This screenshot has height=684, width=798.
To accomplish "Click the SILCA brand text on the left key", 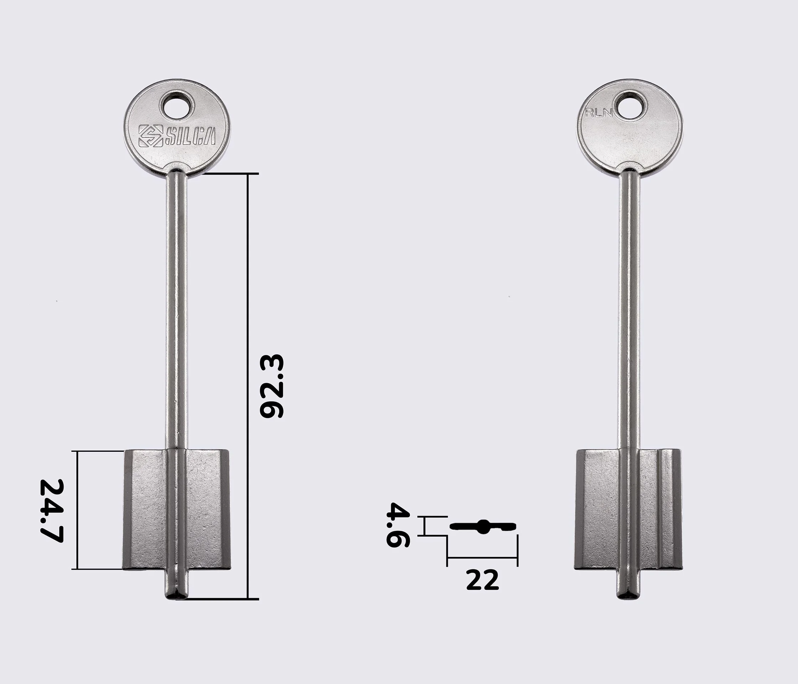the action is (190, 136).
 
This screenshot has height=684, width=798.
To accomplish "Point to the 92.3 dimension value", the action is (271, 386).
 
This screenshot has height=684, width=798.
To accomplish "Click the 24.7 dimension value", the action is (52, 511).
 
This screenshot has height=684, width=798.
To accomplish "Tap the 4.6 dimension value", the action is (398, 525).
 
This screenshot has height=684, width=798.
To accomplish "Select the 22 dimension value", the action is (482, 580).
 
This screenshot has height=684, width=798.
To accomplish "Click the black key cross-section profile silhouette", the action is (483, 526).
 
